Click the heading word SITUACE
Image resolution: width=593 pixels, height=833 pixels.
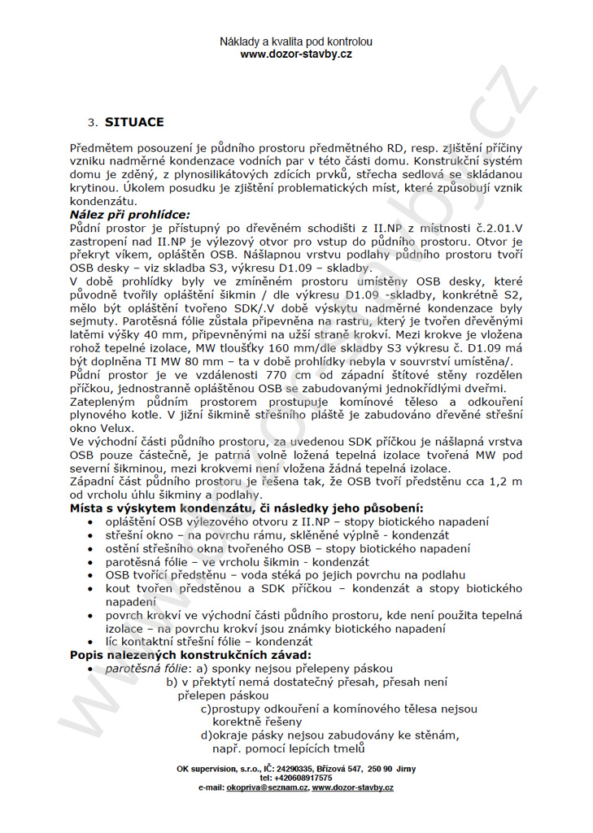tap(133, 123)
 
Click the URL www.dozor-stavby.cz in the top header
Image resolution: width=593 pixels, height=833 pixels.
tap(296, 55)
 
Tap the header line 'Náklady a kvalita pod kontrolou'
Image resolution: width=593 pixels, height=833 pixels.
tap(296, 41)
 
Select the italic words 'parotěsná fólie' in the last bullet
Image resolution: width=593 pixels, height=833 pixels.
tap(141, 668)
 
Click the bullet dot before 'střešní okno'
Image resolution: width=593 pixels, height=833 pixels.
tap(89, 535)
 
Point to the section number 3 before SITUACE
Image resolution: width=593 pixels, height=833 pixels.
tap(91, 123)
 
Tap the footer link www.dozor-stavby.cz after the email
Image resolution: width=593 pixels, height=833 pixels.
tap(353, 788)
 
